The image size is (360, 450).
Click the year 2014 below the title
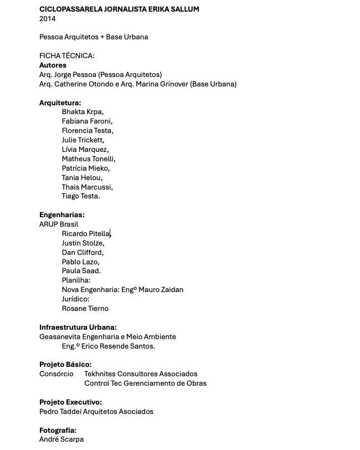pyautogui.click(x=48, y=18)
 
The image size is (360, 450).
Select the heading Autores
pyautogui.click(x=53, y=65)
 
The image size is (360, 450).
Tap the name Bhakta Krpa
pyautogui.click(x=83, y=112)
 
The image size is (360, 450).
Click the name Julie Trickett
pyautogui.click(x=83, y=140)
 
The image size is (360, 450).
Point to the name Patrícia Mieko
pyautogui.click(x=86, y=168)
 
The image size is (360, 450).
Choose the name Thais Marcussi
pyautogui.click(x=87, y=187)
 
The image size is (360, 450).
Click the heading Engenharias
pyautogui.click(x=61, y=215)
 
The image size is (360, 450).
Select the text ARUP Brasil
pyautogui.click(x=59, y=224)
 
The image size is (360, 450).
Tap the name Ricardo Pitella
pyautogui.click(x=86, y=234)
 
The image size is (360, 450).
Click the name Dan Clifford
pyautogui.click(x=83, y=252)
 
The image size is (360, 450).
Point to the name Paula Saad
pyautogui.click(x=81, y=271)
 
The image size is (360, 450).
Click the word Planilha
pyautogui.click(x=76, y=280)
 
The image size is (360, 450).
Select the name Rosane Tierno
pyautogui.click(x=85, y=309)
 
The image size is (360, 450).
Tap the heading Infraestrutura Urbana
pyautogui.click(x=78, y=328)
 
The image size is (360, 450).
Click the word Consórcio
pyautogui.click(x=56, y=374)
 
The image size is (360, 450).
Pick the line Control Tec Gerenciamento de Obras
pyautogui.click(x=145, y=383)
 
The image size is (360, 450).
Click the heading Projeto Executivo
pyautogui.click(x=70, y=402)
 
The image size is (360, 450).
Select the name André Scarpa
pyautogui.click(x=61, y=439)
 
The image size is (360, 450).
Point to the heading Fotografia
pyautogui.click(x=58, y=431)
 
